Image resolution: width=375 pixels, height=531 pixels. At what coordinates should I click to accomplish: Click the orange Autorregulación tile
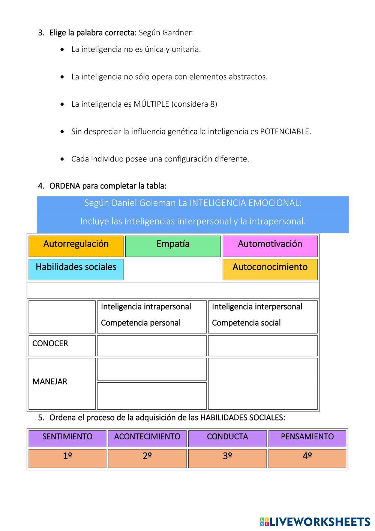coord(76,246)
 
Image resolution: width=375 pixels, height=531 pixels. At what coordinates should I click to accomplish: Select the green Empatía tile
coord(173,246)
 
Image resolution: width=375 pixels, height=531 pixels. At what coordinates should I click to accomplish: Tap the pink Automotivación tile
coord(270,246)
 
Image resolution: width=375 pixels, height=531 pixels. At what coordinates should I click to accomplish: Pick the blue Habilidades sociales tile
coord(76,269)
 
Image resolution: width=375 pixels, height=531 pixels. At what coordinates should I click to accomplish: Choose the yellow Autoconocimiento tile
coord(270,269)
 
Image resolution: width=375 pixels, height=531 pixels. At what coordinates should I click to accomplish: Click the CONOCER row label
coord(50,344)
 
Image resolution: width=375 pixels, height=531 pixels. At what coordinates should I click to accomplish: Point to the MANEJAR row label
coord(50,382)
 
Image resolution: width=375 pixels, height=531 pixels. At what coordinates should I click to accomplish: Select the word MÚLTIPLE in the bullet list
coord(151,104)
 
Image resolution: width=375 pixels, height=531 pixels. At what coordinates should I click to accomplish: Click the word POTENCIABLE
coord(285,131)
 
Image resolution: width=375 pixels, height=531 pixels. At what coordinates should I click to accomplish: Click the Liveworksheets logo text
coord(320,522)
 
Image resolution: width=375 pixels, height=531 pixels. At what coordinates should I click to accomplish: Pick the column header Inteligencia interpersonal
coord(257,307)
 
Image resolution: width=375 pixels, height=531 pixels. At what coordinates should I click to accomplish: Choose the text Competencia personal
coord(141,323)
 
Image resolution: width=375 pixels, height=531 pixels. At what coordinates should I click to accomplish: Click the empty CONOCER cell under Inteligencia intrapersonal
coord(152,345)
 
